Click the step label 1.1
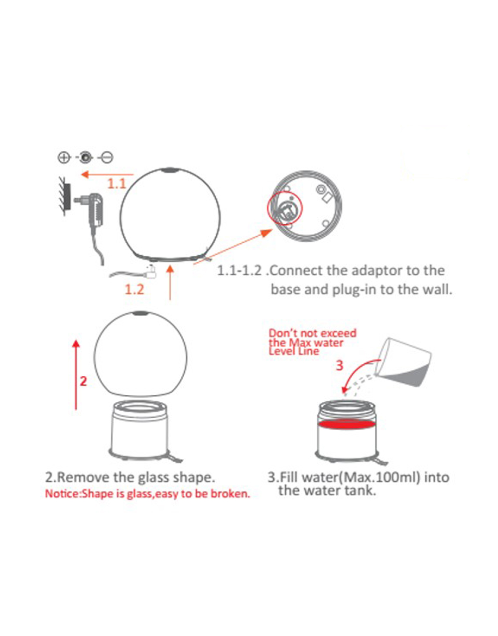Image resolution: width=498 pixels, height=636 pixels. tap(117, 183)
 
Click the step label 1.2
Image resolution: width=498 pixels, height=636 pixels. tap(134, 290)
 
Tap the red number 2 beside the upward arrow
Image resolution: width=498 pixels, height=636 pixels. tap(83, 381)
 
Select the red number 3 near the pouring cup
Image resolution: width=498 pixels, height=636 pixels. tap(339, 365)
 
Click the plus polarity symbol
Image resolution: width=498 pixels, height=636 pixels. tap(64, 158)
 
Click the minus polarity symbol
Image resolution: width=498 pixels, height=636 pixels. tap(107, 158)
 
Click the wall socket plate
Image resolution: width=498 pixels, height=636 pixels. tap(67, 196)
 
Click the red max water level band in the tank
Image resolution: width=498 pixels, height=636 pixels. tap(346, 424)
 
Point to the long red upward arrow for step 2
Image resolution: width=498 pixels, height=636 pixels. tap(76, 375)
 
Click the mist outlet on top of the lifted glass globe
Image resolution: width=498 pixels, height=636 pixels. tap(141, 313)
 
